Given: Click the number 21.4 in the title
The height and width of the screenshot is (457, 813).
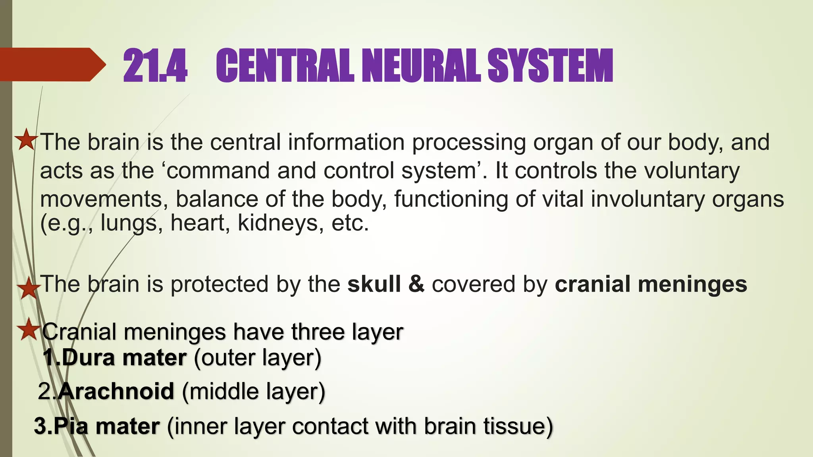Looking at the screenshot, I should [x=155, y=65].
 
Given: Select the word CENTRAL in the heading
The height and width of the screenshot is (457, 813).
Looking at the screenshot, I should [x=285, y=65].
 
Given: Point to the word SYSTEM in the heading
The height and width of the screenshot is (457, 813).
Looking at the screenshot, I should [x=550, y=65].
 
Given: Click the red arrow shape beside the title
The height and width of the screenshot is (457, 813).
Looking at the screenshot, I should [x=52, y=65].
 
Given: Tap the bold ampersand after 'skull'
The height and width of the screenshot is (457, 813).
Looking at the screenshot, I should [x=416, y=284].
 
